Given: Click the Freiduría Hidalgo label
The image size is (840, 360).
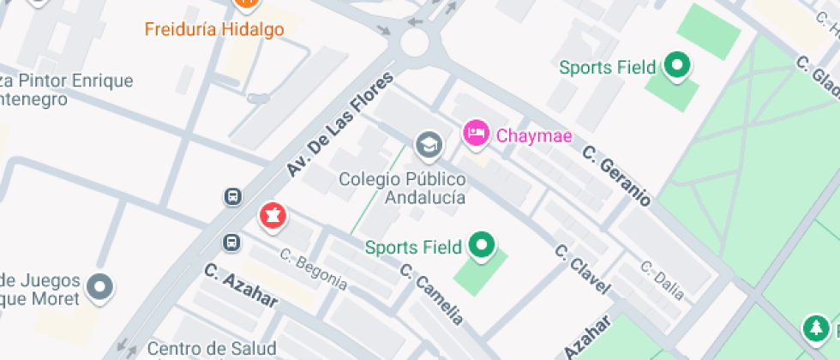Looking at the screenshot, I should pos(213,29).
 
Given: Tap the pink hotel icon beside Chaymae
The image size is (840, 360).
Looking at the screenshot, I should pos(476,133).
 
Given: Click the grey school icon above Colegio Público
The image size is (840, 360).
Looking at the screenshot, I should pos(428,146).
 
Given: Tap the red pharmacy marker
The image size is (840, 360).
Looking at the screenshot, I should pos(273,215).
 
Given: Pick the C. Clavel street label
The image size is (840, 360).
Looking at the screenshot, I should pos(582,268).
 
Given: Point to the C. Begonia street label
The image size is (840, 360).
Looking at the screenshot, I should pos(314,268).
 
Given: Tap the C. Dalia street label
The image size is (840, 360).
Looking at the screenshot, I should pos(663,280).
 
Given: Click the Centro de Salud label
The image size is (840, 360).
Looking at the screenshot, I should pos(212,349).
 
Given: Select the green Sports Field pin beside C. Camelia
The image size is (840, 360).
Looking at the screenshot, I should pos(482,247).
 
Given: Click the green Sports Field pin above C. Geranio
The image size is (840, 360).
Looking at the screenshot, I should pos(678,65).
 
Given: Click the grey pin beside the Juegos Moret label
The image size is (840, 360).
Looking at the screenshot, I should pos(101,287).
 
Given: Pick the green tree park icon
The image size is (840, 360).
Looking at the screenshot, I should pos(813,327).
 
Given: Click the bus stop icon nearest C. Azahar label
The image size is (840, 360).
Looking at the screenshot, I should pos(231,243).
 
